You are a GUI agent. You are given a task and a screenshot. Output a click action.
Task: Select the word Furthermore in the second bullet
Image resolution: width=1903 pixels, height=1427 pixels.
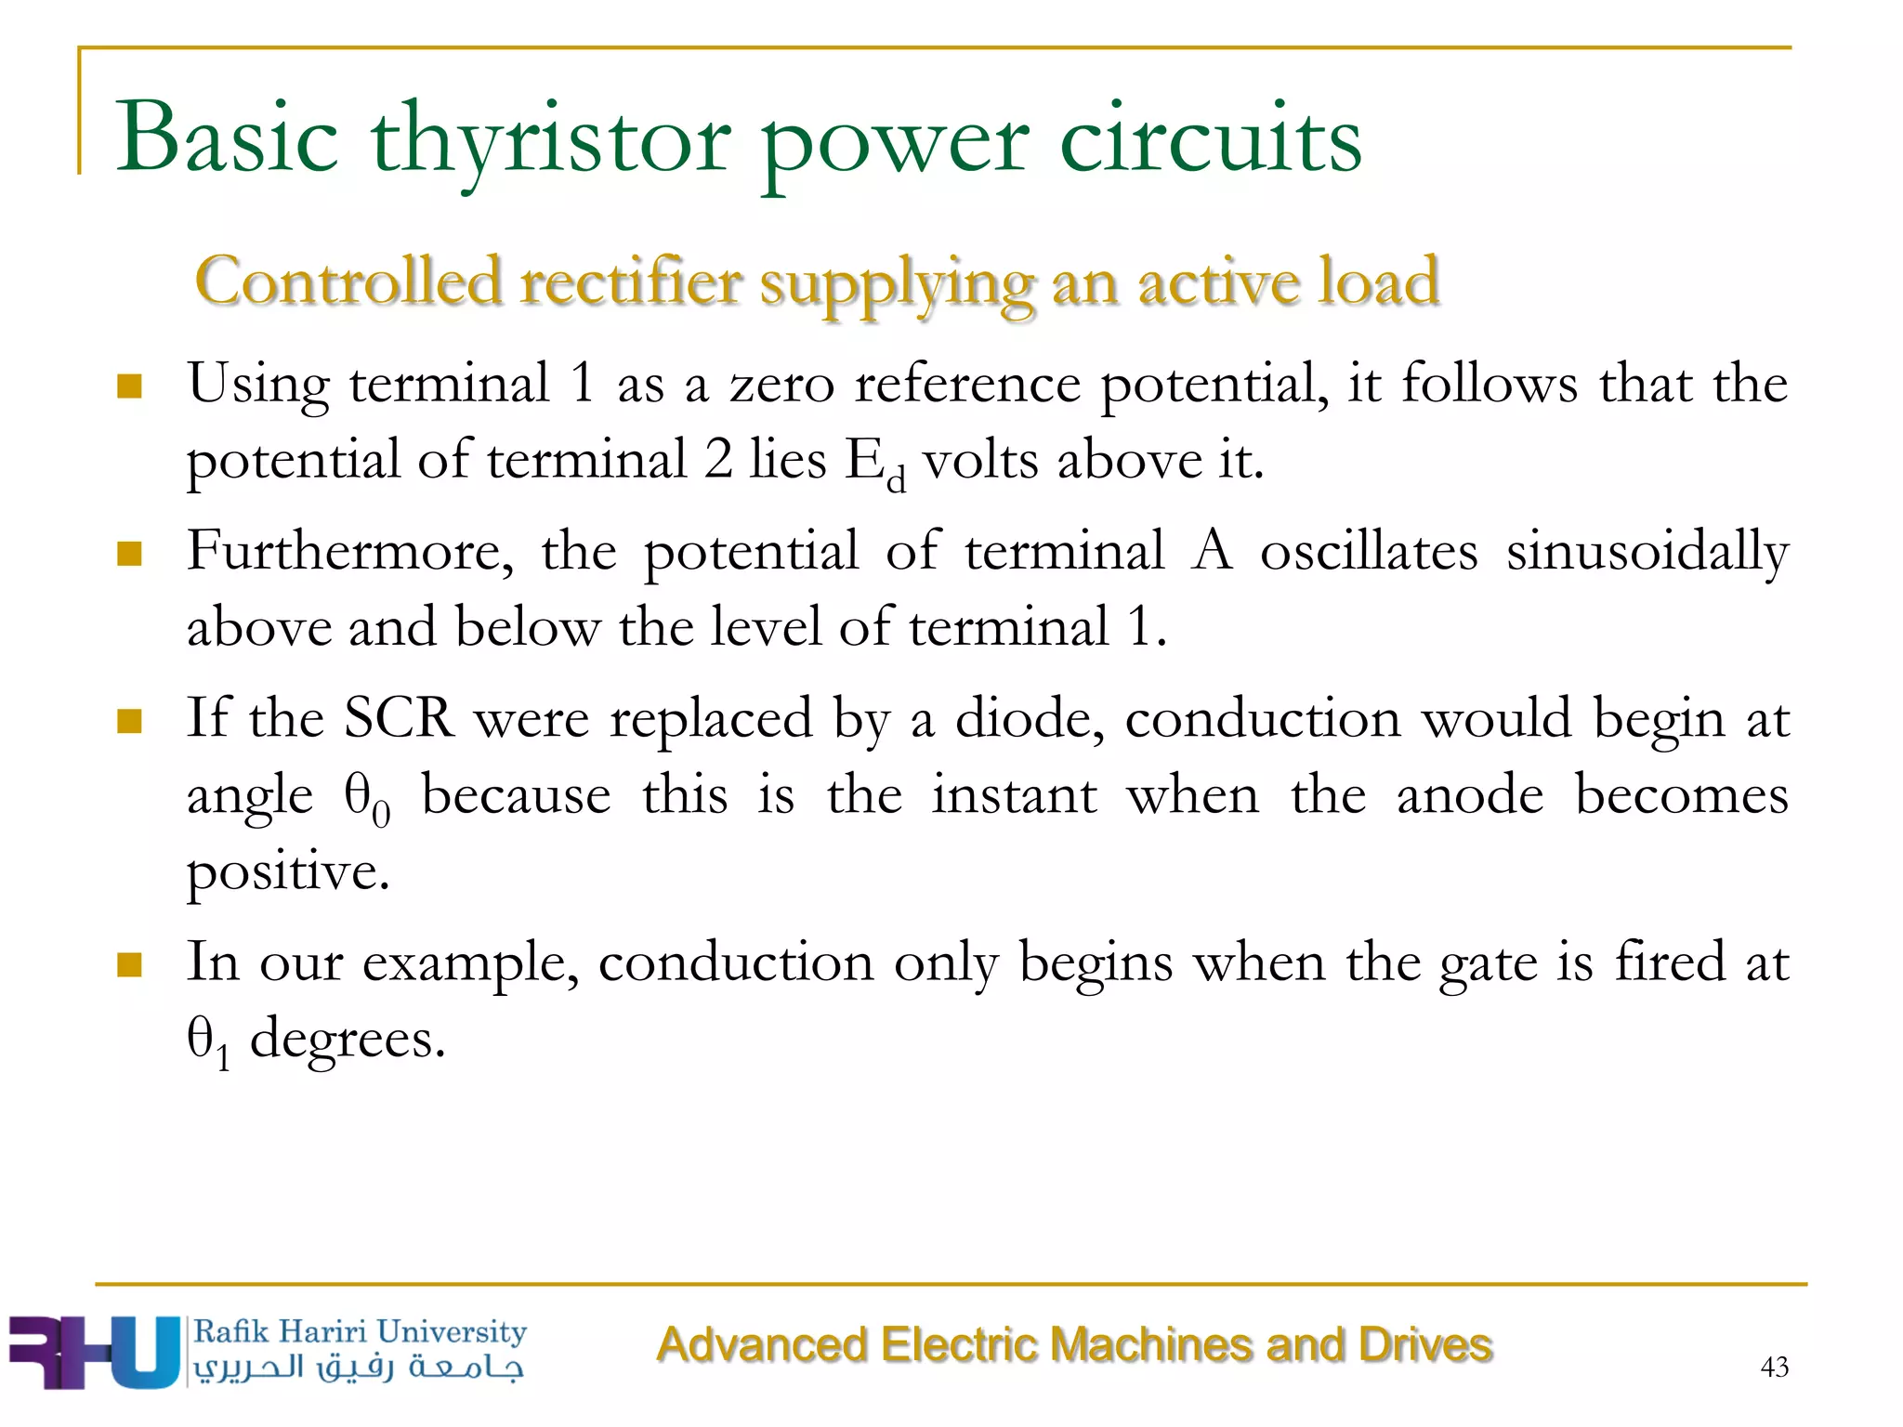click(x=349, y=552)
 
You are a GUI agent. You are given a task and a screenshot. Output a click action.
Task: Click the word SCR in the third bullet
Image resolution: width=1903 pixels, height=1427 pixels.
click(x=399, y=719)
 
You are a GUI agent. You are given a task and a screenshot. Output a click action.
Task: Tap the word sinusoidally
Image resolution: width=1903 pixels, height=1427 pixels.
click(x=1647, y=552)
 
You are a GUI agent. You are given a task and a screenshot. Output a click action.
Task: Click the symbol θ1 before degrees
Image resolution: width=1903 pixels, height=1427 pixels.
click(x=207, y=1041)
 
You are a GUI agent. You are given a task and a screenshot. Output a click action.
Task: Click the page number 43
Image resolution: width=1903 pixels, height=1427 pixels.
click(x=1774, y=1367)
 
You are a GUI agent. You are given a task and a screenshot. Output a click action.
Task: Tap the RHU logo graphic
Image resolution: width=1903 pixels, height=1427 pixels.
click(x=93, y=1352)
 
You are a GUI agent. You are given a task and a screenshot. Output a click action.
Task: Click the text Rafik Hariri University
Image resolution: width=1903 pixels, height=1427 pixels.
click(x=360, y=1331)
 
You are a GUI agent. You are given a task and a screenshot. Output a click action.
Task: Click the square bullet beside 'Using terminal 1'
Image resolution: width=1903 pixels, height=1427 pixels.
click(x=129, y=386)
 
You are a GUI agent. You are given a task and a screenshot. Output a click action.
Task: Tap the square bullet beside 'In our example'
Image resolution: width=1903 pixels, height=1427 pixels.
click(x=129, y=964)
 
